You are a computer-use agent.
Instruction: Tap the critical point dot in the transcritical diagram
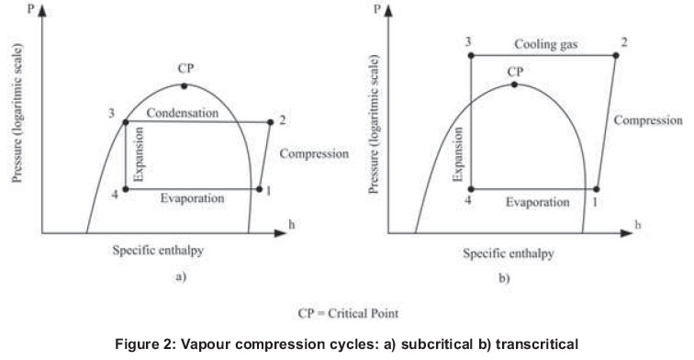click(514, 84)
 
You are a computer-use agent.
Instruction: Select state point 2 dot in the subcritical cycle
click(271, 121)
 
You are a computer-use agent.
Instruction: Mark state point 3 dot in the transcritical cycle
click(470, 56)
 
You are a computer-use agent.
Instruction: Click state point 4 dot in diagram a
click(126, 190)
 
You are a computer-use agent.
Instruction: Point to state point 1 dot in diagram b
click(597, 190)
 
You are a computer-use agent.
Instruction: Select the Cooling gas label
click(542, 44)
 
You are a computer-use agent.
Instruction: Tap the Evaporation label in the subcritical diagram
click(192, 198)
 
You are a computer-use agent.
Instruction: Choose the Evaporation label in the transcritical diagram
click(536, 199)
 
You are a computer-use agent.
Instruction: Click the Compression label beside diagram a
click(313, 153)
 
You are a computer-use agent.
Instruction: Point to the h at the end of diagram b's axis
click(663, 224)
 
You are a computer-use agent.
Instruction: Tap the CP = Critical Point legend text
click(347, 312)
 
